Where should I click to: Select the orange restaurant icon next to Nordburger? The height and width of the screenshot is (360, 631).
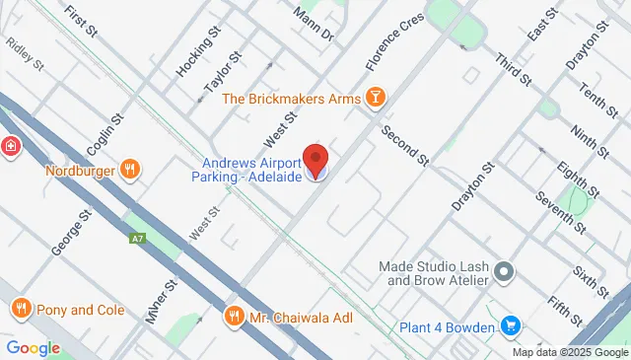tap(129, 170)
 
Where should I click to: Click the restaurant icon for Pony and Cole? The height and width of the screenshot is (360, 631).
tap(21, 310)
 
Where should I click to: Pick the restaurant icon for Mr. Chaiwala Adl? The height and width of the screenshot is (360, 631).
tap(234, 318)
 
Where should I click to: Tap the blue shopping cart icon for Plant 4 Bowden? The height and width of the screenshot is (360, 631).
tap(511, 324)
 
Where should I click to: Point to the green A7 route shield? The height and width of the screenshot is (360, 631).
tap(137, 238)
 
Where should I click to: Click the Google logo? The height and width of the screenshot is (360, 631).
tap(33, 347)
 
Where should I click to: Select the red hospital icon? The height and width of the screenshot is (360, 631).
tap(10, 146)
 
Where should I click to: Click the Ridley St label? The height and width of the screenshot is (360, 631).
tap(26, 55)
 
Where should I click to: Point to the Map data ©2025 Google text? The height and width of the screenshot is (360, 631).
tap(570, 352)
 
